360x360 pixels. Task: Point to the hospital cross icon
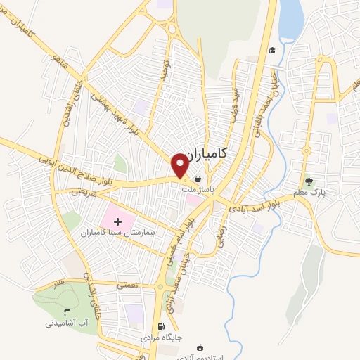tap(127, 221)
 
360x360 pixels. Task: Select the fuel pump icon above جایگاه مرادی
tap(162, 326)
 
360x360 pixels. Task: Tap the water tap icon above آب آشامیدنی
tap(67, 311)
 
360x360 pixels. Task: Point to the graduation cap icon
tap(271, 50)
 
